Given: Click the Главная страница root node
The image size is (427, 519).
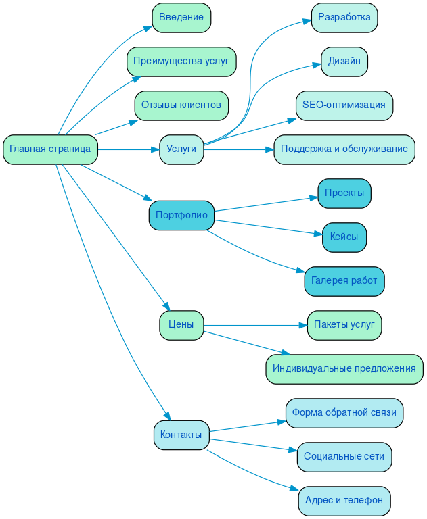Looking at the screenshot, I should [50, 149].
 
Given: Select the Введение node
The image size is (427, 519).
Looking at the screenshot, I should [181, 18].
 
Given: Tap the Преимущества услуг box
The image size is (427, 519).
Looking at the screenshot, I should [181, 61].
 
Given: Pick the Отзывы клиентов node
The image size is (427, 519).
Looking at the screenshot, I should [181, 105].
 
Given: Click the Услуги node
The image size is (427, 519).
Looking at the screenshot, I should [181, 149].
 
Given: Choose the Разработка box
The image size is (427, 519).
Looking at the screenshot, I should [344, 18].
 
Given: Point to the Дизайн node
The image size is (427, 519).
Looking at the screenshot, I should [344, 61].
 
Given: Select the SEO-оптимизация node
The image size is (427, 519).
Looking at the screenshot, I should [344, 105].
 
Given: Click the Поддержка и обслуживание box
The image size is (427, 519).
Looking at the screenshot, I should [344, 149].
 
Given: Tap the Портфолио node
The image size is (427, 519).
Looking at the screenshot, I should [181, 216].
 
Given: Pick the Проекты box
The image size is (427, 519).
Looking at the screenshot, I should [344, 193].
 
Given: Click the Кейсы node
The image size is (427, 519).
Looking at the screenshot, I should [344, 237].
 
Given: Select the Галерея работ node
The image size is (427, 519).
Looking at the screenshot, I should [344, 281].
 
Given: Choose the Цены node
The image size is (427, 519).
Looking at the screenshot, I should [181, 325].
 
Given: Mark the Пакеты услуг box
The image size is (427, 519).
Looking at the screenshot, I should [344, 325].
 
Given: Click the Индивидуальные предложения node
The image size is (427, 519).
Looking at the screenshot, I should [344, 369].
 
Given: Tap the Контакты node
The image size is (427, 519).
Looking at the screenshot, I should [181, 435].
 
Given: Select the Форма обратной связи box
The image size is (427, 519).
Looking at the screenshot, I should [344, 413].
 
